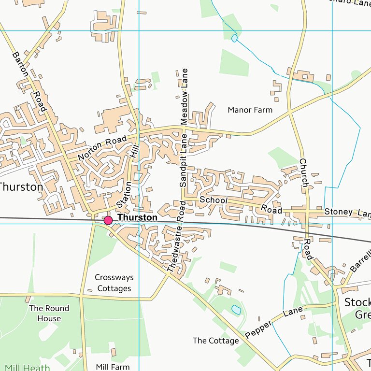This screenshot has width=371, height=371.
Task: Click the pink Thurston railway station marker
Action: [x=108, y=220]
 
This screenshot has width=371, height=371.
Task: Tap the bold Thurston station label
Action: [x=138, y=218]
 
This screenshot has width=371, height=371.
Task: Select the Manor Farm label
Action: [x=250, y=110]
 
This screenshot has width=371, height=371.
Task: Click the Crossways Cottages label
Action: [x=114, y=283]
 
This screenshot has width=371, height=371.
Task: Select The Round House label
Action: [x=49, y=313]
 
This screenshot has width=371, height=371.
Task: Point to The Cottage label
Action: [x=215, y=341]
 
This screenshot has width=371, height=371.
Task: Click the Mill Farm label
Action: [x=113, y=367]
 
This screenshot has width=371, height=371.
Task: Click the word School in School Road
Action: [x=213, y=200]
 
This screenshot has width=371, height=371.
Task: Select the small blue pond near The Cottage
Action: [x=236, y=309]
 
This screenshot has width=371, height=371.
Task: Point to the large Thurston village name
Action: [x=21, y=186]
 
